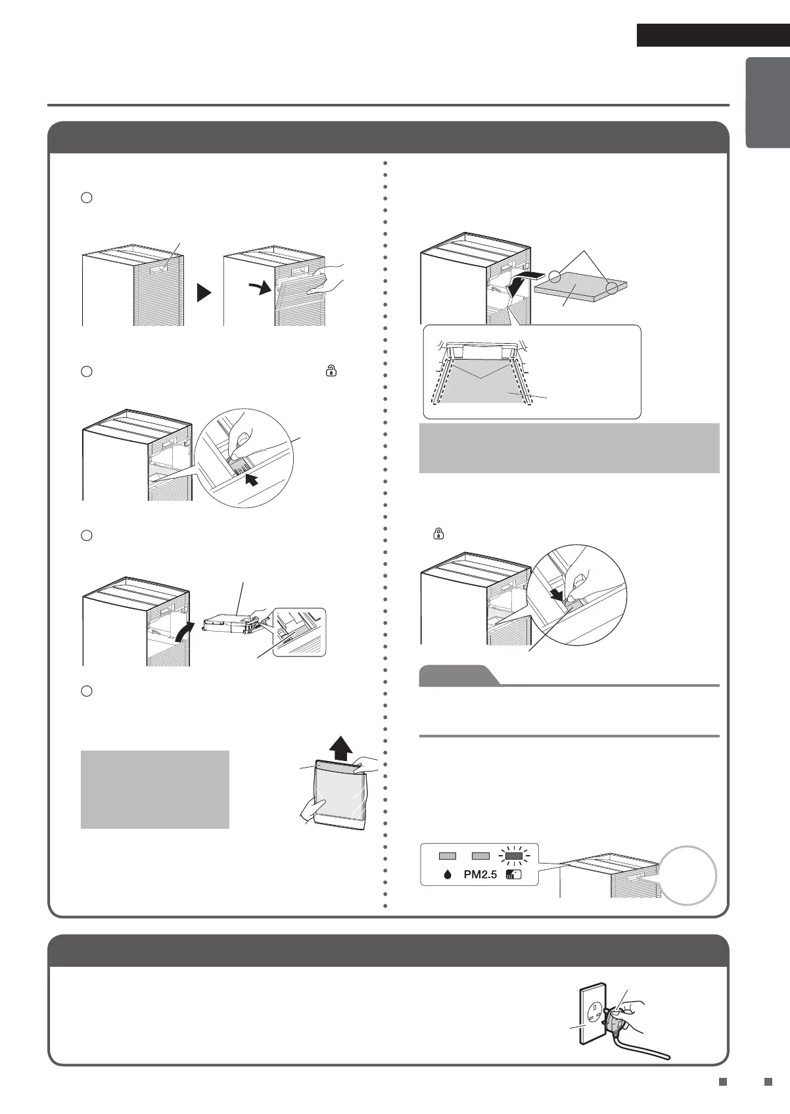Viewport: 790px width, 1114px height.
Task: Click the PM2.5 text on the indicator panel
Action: coord(480,875)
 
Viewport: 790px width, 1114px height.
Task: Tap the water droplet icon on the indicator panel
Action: coord(448,875)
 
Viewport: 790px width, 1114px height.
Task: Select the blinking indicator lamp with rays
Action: coord(514,856)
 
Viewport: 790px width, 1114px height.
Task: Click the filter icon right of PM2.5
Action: coord(514,875)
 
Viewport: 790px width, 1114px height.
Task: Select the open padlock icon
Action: coord(330,371)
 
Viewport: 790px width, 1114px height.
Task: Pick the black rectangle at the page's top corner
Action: coord(712,35)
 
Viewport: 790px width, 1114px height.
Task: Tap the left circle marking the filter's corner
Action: coord(556,277)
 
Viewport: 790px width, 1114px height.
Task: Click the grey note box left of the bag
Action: coord(155,789)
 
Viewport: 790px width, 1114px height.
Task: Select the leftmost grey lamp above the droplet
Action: coord(448,856)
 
